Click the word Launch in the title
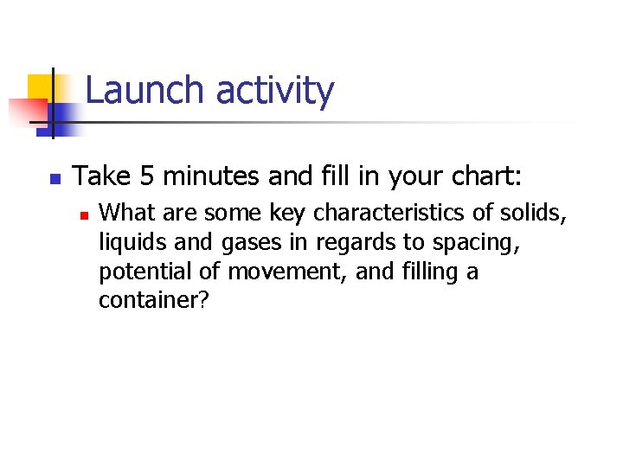pyautogui.click(x=146, y=91)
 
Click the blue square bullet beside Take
pyautogui.click(x=54, y=180)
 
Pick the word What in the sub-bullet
pyautogui.click(x=126, y=213)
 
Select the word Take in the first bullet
pyautogui.click(x=100, y=176)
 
